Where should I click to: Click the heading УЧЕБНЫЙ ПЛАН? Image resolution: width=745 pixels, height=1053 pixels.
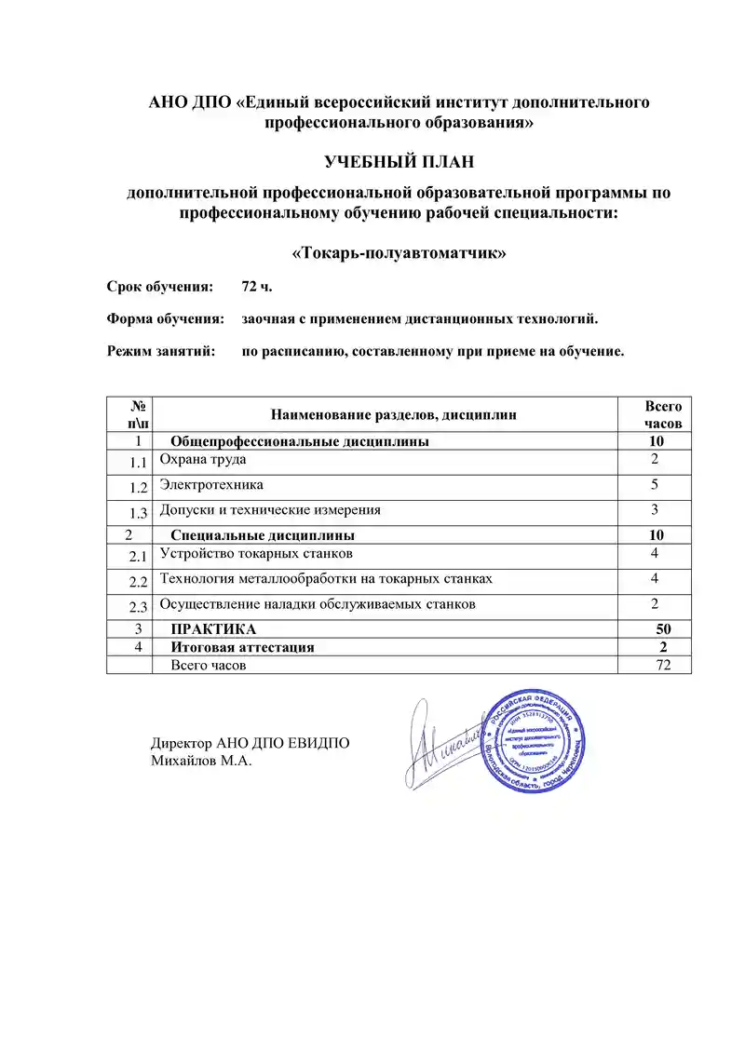point(399,162)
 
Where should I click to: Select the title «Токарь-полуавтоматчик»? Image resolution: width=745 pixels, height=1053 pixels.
point(399,252)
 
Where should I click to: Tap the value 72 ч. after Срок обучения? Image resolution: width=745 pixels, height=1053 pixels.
point(256,285)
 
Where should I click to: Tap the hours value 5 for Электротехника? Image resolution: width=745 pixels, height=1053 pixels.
point(655,485)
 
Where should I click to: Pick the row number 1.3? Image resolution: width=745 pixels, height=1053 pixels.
point(140,512)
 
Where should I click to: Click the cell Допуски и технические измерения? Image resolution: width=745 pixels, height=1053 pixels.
point(270,510)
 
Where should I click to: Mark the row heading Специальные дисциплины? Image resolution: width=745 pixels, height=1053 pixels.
point(263,535)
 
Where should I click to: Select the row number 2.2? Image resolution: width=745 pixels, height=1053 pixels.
point(140,582)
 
